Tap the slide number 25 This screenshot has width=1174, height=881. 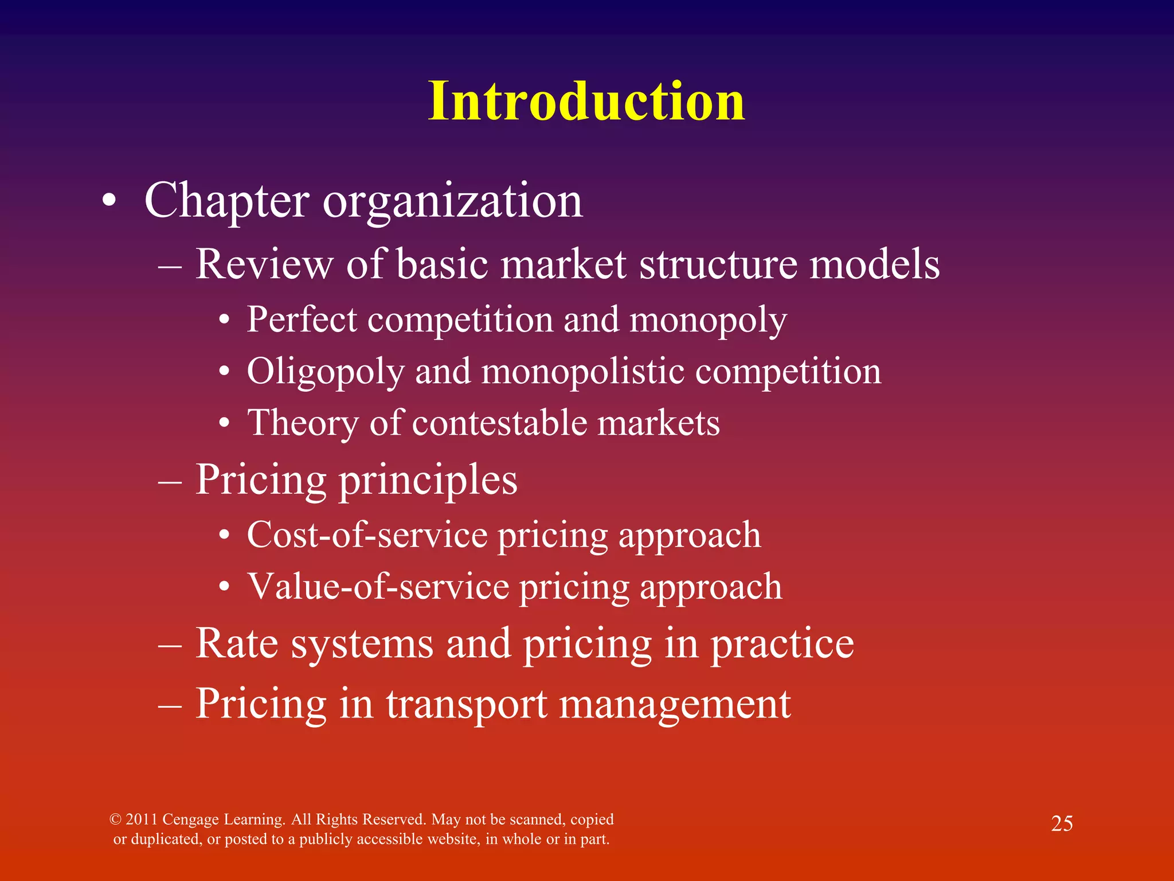1062,824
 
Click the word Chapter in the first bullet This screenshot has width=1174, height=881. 226,201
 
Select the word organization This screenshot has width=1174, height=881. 453,202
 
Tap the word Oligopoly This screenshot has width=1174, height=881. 326,372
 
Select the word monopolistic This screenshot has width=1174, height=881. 582,371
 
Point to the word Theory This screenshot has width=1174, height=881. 303,424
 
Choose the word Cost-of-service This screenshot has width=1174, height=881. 367,535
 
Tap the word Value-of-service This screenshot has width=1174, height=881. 378,587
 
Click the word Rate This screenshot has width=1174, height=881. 237,643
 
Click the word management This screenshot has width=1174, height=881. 675,705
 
